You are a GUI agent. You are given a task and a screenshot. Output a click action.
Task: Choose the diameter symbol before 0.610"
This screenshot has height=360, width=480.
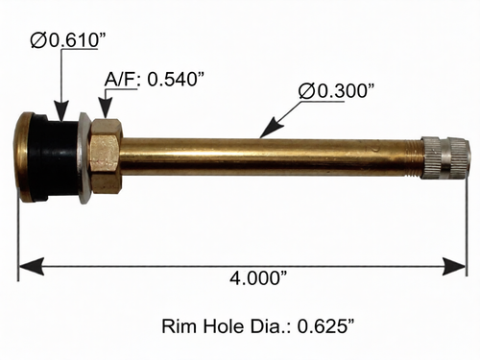coord(39,39)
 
